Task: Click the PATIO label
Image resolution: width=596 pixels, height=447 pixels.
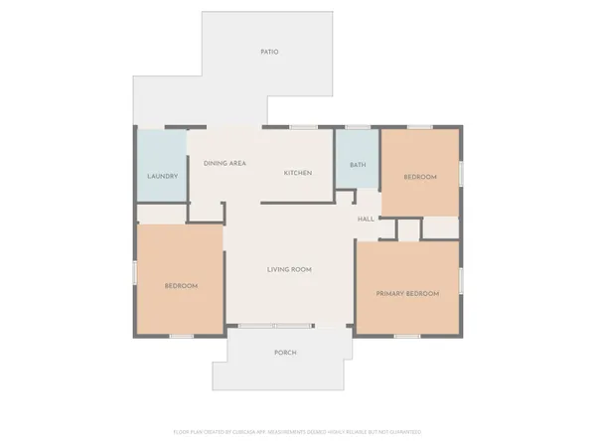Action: click(269, 52)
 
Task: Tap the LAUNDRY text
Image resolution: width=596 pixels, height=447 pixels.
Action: click(162, 176)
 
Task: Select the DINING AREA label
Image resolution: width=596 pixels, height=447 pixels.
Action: click(224, 163)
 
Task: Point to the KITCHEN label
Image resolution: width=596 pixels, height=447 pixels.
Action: click(298, 173)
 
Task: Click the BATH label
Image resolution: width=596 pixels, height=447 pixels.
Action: click(358, 165)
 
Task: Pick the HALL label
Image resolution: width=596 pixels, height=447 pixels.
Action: click(366, 220)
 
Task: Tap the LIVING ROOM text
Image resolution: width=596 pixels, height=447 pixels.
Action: click(290, 269)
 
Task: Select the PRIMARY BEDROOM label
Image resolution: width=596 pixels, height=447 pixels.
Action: click(408, 294)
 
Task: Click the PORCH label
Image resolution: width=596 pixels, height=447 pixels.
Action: click(285, 353)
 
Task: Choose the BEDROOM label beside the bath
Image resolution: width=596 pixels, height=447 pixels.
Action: click(419, 177)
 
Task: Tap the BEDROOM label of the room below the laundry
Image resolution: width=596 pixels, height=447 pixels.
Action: click(181, 286)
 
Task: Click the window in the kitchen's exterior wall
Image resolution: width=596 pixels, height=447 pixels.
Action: click(303, 126)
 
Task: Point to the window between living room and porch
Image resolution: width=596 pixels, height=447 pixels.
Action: click(274, 327)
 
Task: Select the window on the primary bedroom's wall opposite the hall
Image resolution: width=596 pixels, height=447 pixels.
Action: click(462, 280)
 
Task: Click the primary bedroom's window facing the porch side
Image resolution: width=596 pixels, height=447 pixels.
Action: click(407, 336)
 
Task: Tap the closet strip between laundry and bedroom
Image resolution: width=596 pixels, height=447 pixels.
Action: click(161, 214)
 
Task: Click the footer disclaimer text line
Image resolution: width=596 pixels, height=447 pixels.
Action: click(298, 432)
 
